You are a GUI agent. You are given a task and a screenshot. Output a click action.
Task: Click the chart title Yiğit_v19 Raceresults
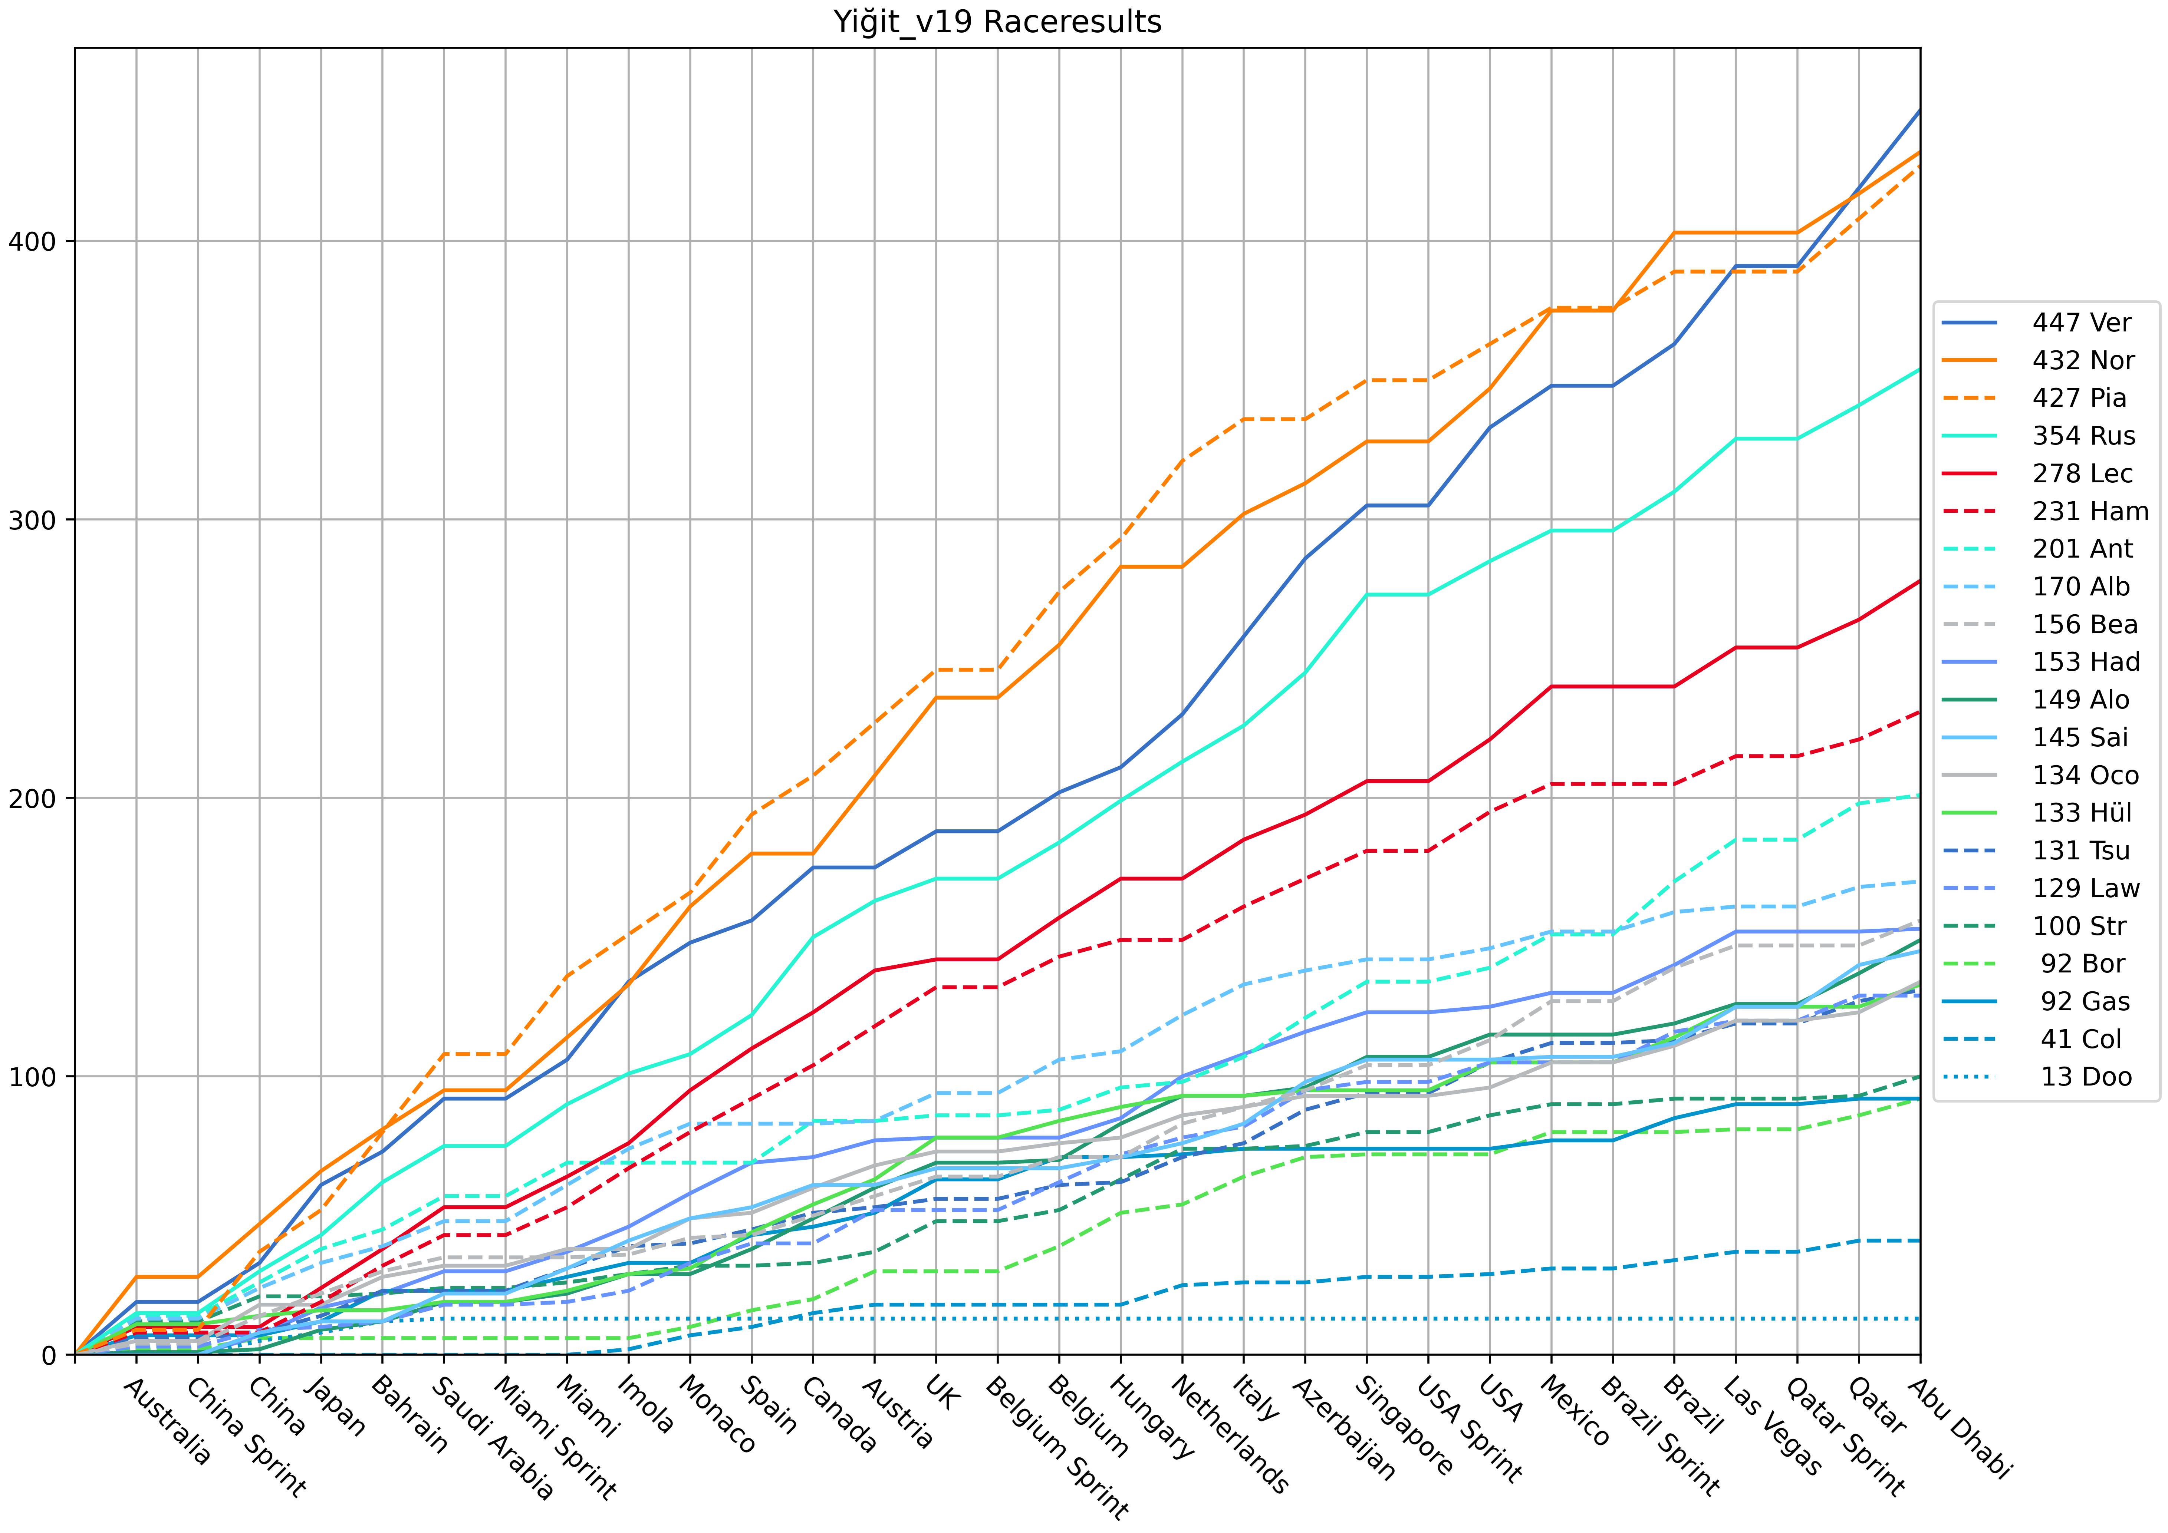click(997, 22)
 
